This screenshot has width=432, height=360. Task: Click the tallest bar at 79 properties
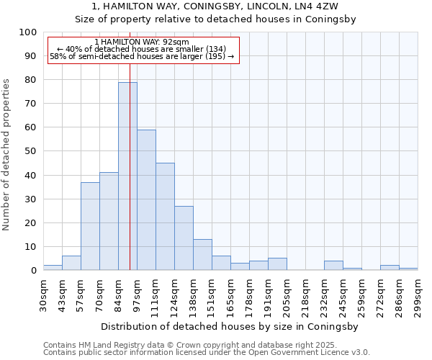127,176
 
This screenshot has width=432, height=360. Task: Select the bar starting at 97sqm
146,200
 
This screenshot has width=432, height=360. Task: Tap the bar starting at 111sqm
165,217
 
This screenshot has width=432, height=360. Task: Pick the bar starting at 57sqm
90,226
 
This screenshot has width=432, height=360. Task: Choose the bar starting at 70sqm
109,222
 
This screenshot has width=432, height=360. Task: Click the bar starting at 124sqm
184,238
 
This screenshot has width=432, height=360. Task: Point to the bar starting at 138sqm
202,255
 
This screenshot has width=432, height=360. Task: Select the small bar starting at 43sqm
71,264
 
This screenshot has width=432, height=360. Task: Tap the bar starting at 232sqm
333,266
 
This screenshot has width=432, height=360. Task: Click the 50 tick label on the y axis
31,151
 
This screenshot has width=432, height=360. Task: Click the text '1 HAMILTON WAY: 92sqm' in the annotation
142,42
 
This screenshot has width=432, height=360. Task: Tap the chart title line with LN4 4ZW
216,6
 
